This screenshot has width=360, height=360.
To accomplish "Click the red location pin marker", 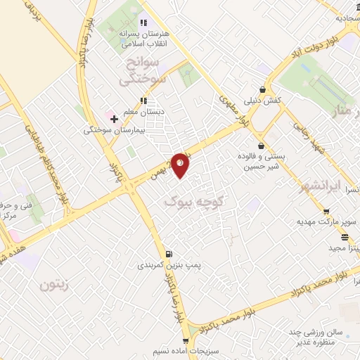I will click(181, 165).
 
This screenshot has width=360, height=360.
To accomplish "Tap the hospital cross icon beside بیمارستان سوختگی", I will click(114, 120).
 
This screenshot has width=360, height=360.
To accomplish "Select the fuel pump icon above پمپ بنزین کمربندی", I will click(167, 255).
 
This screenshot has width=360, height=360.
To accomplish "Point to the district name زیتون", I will click(57, 285).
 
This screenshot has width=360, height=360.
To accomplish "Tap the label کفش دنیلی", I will click(262, 101).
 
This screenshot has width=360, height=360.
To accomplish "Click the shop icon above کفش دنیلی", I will click(262, 90).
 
